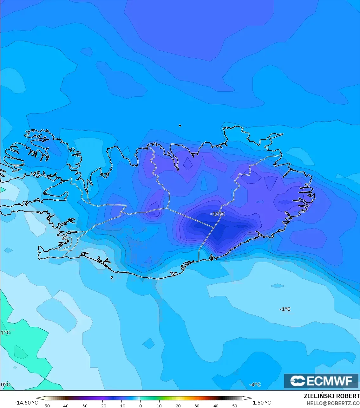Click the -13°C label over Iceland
pyautogui.click(x=217, y=214)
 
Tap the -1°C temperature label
pyautogui.click(x=285, y=309)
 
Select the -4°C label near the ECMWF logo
pyautogui.click(x=255, y=385)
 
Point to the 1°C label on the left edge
pyautogui.click(x=5, y=333)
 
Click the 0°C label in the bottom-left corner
pyautogui.click(x=5, y=385)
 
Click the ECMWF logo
pyautogui.click(x=321, y=381)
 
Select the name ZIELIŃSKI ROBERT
pyautogui.click(x=331, y=396)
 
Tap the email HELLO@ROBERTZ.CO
pyautogui.click(x=333, y=403)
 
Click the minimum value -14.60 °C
pyautogui.click(x=26, y=403)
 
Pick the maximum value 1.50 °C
pyautogui.click(x=262, y=403)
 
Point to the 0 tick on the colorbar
pyautogui.click(x=140, y=406)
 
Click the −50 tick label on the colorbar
pyautogui.click(x=46, y=406)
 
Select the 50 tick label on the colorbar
pyautogui.click(x=234, y=406)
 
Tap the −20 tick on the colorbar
pyautogui.click(x=102, y=406)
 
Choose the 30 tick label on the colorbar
pyautogui.click(x=197, y=406)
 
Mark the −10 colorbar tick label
pyautogui.click(x=121, y=406)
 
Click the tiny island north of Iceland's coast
pyautogui.click(x=180, y=126)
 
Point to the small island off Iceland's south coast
pyautogui.click(x=112, y=278)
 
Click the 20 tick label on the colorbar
pyautogui.click(x=178, y=406)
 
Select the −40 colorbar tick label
pyautogui.click(x=64, y=406)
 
